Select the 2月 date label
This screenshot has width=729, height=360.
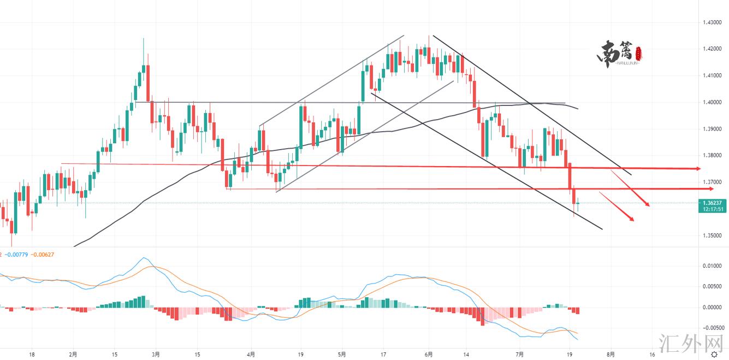point(73,354)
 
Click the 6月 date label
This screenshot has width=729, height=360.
point(429,354)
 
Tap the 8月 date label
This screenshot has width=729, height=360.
point(610,354)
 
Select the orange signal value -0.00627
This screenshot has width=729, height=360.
point(42,254)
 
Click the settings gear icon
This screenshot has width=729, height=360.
point(713,354)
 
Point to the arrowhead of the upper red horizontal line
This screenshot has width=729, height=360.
point(698,169)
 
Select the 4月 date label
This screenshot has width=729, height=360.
point(251,354)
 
